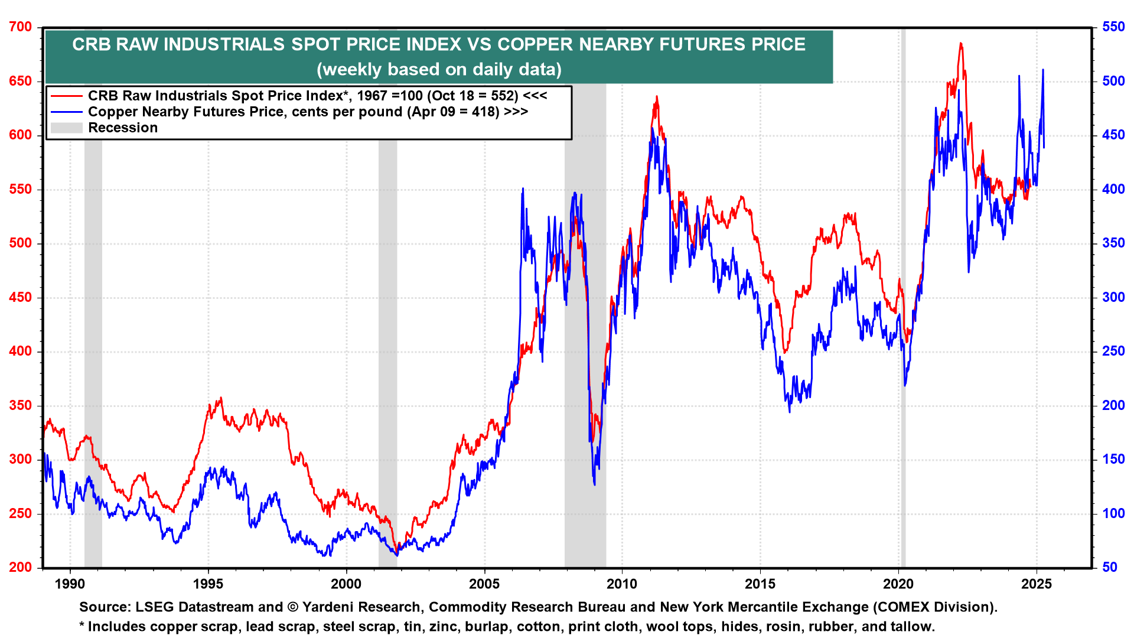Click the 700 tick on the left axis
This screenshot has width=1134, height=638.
click(21, 27)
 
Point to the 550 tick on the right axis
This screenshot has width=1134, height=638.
click(1113, 27)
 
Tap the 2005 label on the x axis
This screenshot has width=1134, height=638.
click(484, 584)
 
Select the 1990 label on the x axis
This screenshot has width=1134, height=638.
click(70, 584)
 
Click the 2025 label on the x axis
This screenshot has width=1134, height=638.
click(1037, 584)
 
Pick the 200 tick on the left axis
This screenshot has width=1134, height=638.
click(21, 568)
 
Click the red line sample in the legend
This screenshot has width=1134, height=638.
click(66, 96)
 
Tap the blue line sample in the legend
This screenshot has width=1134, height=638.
click(66, 112)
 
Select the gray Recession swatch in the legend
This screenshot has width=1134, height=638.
click(66, 128)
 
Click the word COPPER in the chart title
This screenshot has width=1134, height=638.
click(535, 45)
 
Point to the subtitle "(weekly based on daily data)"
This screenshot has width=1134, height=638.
click(439, 70)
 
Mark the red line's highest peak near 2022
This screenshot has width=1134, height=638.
click(961, 43)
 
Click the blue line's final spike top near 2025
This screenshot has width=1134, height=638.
click(1043, 70)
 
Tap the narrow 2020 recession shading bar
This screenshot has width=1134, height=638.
click(903, 295)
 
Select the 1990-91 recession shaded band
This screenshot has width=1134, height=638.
click(93, 295)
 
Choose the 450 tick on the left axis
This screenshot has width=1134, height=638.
click(21, 298)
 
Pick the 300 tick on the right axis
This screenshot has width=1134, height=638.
click(1113, 298)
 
